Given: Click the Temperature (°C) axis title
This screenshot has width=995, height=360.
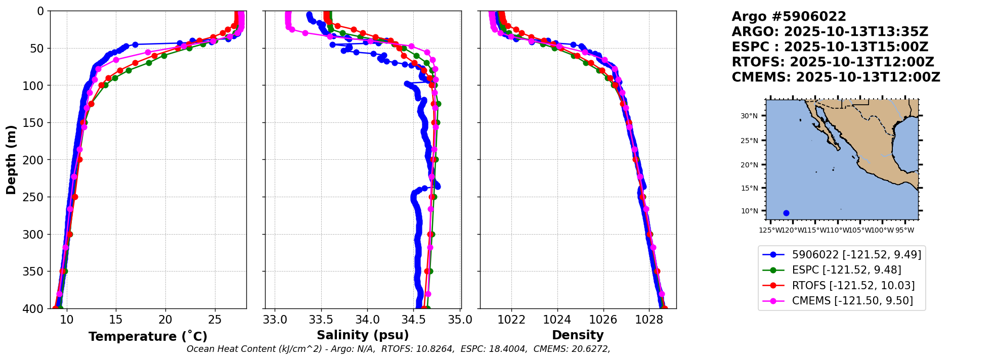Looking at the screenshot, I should pyautogui.click(x=148, y=337).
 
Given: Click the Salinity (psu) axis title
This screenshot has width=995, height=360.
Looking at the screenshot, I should pyautogui.click(x=363, y=335).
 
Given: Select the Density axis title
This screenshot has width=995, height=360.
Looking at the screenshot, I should pyautogui.click(x=578, y=335).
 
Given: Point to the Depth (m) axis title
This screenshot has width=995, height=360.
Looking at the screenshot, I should pyautogui.click(x=11, y=160).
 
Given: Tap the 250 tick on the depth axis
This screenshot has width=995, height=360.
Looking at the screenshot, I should pyautogui.click(x=35, y=197).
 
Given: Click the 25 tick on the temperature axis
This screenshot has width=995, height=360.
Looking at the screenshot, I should pyautogui.click(x=215, y=320).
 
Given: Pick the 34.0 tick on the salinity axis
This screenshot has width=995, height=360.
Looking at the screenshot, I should pyautogui.click(x=367, y=320).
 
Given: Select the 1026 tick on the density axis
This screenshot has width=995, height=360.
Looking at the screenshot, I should pyautogui.click(x=603, y=320).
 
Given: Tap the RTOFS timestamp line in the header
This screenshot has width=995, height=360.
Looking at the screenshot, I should pyautogui.click(x=833, y=62).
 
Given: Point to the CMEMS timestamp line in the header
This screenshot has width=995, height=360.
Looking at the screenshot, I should pyautogui.click(x=836, y=77).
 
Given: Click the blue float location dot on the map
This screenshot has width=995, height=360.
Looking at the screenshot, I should pyautogui.click(x=786, y=213).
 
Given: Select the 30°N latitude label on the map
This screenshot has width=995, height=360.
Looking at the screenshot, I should pyautogui.click(x=749, y=116).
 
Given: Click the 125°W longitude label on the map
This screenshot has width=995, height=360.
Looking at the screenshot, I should pyautogui.click(x=769, y=231).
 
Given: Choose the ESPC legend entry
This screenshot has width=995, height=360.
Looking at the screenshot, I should pyautogui.click(x=846, y=270).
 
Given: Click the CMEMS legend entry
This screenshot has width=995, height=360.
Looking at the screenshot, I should pyautogui.click(x=852, y=301).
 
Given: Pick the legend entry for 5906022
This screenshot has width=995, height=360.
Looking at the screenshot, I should pyautogui.click(x=856, y=255).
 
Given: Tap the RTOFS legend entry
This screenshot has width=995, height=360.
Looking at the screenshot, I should pyautogui.click(x=853, y=286).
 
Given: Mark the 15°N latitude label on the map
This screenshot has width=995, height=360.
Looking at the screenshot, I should pyautogui.click(x=749, y=188).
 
